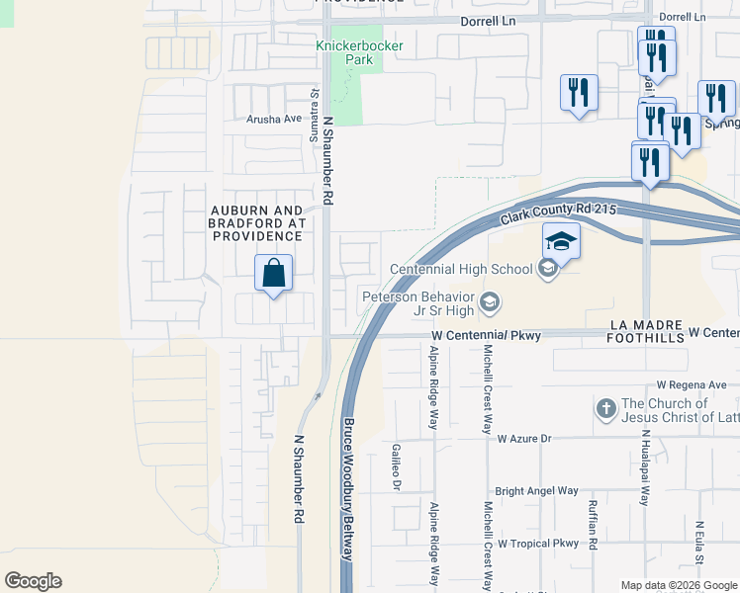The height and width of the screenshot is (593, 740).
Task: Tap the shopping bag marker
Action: coord(273,273)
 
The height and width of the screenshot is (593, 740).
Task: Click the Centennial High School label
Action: coord(461,269)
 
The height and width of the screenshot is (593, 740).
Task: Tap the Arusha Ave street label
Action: coord(274,119)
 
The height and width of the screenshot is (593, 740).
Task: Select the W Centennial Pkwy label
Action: coord(487,336)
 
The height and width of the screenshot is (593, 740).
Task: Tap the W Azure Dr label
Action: coord(522,438)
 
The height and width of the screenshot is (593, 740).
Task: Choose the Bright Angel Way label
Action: coord(536,490)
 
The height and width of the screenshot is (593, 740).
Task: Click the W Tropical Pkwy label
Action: coord(537,544)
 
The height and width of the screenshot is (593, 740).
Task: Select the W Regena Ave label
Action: coord(691,384)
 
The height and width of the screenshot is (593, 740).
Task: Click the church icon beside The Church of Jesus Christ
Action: coord(606,408)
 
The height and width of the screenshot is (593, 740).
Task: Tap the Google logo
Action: coord(33,581)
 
